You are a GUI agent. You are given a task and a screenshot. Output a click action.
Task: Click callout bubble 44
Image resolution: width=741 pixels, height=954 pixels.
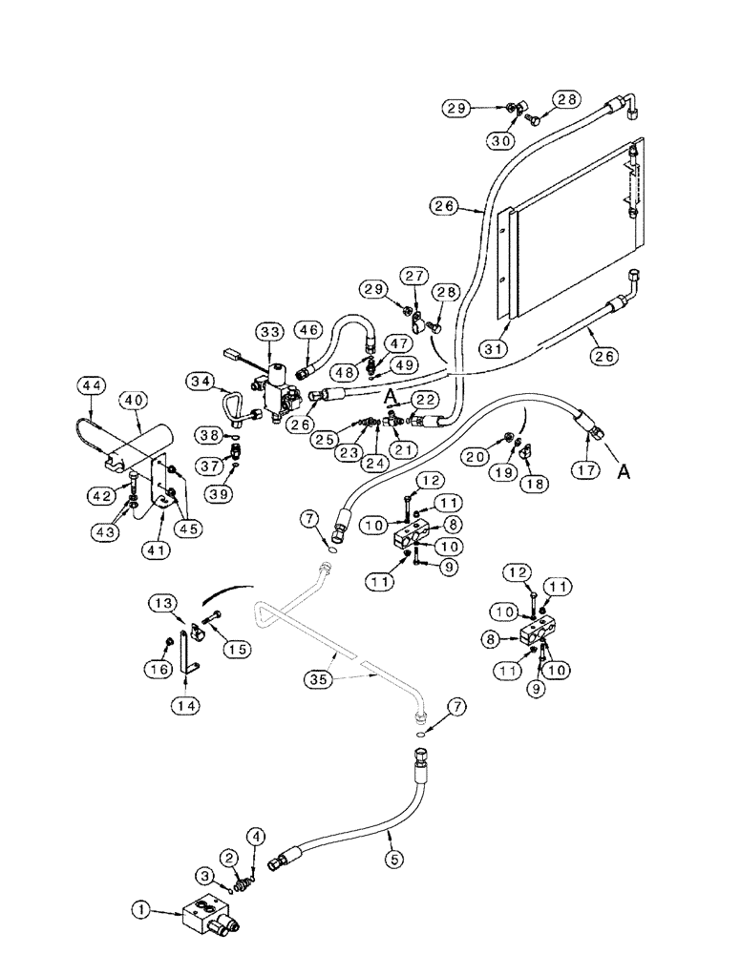[91, 384]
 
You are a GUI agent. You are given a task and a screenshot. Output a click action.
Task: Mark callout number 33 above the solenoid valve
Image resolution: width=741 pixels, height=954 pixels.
[269, 331]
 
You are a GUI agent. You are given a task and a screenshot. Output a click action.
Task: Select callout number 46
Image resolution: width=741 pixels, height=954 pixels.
[307, 332]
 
